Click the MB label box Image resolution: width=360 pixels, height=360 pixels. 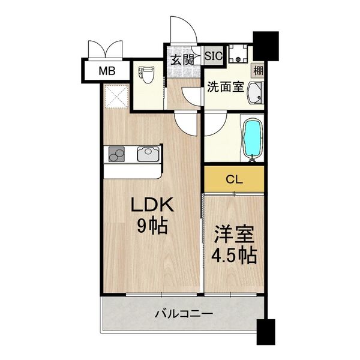click(x=107, y=71)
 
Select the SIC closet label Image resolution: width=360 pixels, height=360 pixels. click(x=214, y=56)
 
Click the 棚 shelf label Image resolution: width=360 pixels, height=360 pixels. click(x=257, y=71)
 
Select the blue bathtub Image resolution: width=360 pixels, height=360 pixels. click(x=252, y=139)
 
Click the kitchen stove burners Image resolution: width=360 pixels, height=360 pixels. click(x=116, y=155)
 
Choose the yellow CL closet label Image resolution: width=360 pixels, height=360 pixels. click(x=234, y=178)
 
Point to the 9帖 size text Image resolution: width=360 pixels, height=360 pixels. click(x=152, y=227)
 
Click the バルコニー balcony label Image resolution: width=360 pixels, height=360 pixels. click(x=183, y=313)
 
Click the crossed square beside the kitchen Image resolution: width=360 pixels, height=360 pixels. click(x=115, y=97)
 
